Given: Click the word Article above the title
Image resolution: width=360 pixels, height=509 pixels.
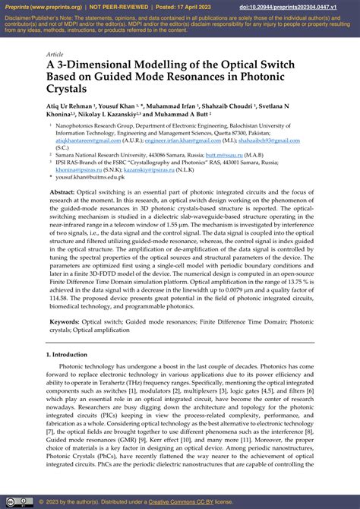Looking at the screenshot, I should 55,55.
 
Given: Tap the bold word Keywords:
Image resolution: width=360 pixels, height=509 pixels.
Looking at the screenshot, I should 67,322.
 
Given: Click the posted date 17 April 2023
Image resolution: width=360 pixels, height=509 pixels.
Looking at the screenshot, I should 201,8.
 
